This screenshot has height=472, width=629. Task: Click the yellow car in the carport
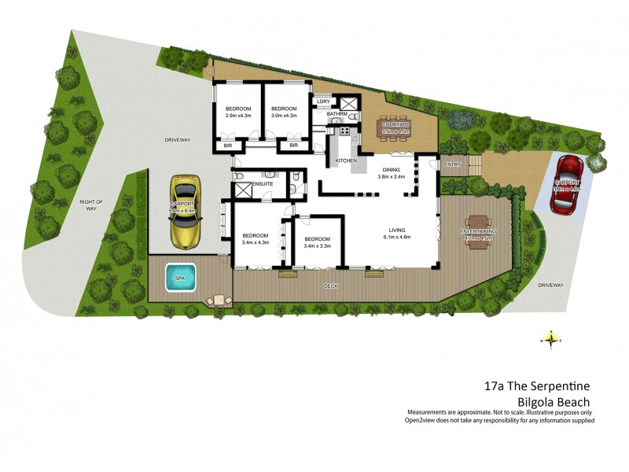click(186, 210)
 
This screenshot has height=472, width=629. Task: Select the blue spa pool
click(181, 278)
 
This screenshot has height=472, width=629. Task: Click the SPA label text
click(180, 278)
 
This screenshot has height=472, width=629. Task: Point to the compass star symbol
click(551, 339)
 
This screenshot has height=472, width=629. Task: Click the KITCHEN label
click(346, 160)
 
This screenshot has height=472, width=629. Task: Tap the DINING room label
click(391, 169)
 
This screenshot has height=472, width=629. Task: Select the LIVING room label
click(397, 227)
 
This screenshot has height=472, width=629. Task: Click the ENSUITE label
click(262, 184)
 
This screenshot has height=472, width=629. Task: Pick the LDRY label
click(322, 101)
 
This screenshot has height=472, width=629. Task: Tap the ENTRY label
click(451, 164)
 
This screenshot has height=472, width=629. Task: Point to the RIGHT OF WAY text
click(92, 205)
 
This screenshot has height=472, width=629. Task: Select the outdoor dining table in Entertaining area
click(477, 230)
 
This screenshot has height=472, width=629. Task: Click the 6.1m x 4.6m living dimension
click(397, 236)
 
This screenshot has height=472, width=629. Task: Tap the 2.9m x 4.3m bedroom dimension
click(238, 116)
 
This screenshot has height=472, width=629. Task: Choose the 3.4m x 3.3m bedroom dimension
click(317, 246)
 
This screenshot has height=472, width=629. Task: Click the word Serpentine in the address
click(551, 386)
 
